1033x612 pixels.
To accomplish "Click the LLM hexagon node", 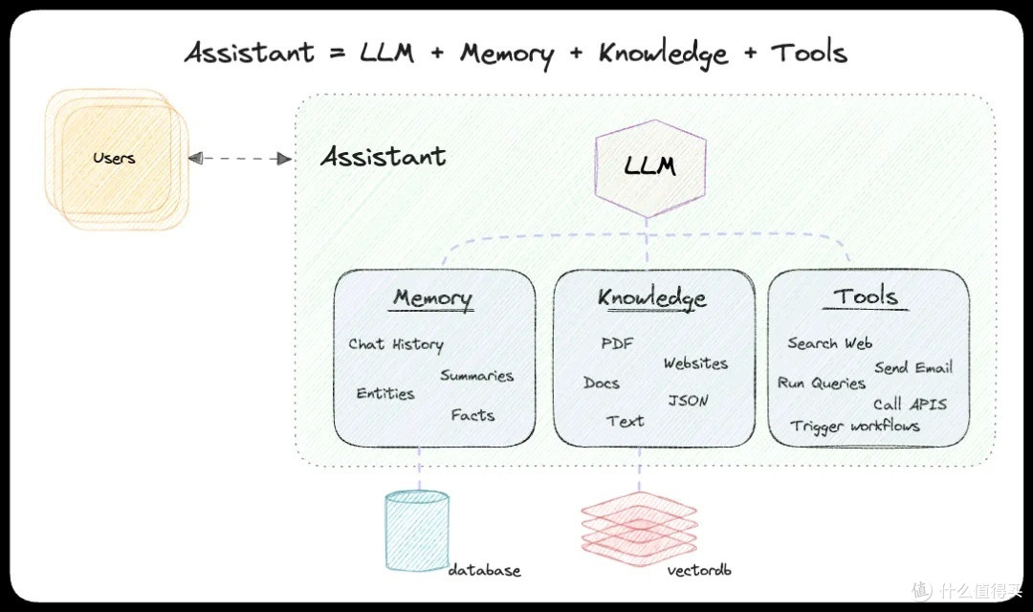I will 649,167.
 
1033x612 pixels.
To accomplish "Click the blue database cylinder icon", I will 416,531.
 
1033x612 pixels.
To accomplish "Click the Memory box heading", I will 432,298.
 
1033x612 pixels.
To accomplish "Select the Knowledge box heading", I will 652,298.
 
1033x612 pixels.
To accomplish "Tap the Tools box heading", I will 867,296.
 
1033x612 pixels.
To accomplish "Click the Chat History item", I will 396,344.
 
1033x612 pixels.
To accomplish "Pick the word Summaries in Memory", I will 476,376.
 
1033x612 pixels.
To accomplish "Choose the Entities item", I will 385,393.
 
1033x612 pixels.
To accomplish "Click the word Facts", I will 473,415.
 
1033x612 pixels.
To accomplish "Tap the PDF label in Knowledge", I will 617,344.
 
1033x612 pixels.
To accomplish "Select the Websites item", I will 695,363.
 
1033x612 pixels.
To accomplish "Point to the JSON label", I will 688,401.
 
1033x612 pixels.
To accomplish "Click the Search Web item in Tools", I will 829,343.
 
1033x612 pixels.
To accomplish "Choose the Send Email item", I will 912,368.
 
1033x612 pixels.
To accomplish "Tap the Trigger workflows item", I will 854,426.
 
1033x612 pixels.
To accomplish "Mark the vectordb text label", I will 698,571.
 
